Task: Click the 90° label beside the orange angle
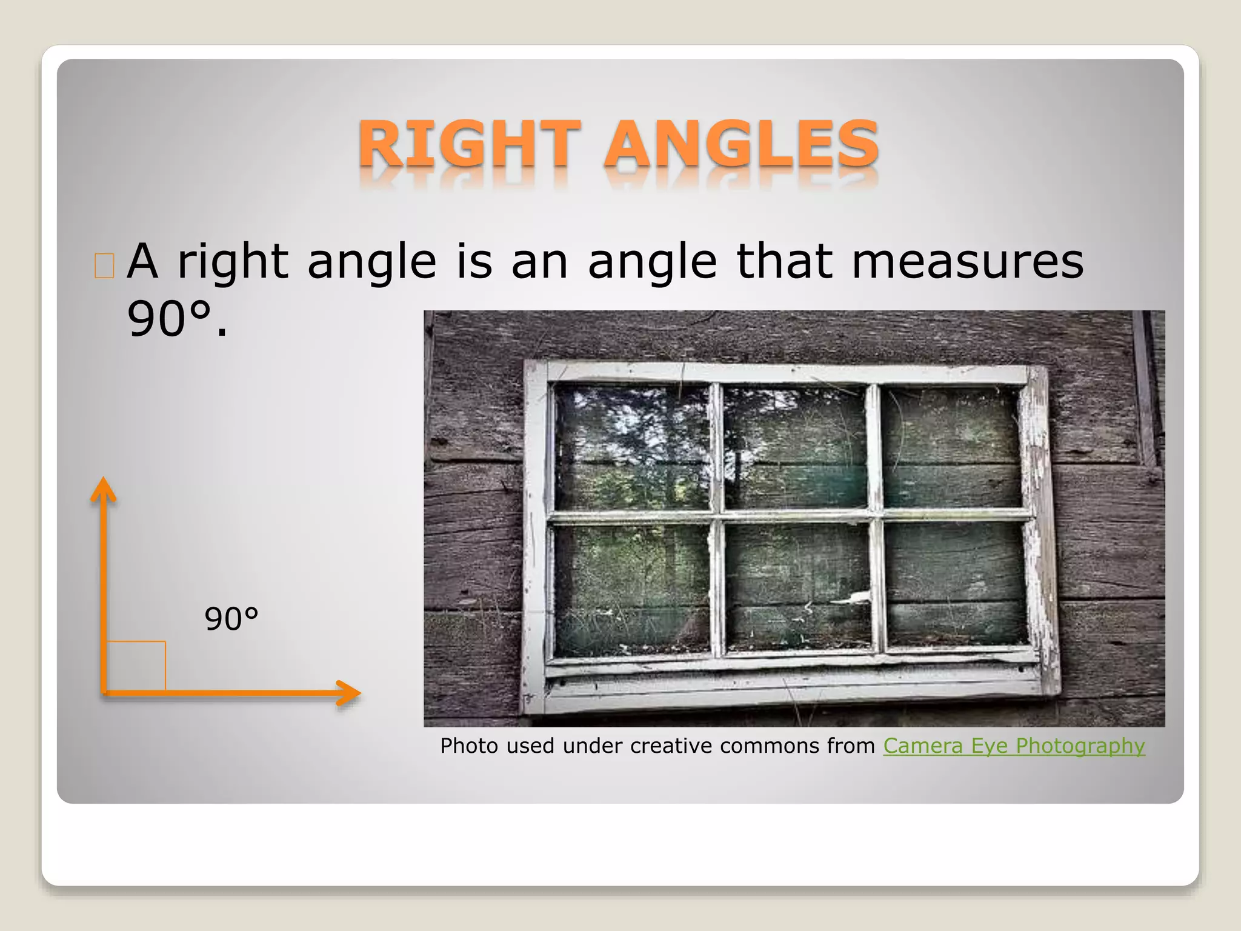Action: click(x=231, y=619)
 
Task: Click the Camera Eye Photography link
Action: click(x=1014, y=746)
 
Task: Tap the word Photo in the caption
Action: click(x=470, y=746)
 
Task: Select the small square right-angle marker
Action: click(x=136, y=666)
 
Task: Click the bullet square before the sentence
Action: click(x=105, y=265)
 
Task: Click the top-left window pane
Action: click(x=632, y=447)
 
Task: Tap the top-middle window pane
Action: click(x=795, y=447)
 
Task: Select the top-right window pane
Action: click(x=951, y=447)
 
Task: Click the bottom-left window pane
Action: click(x=632, y=588)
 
